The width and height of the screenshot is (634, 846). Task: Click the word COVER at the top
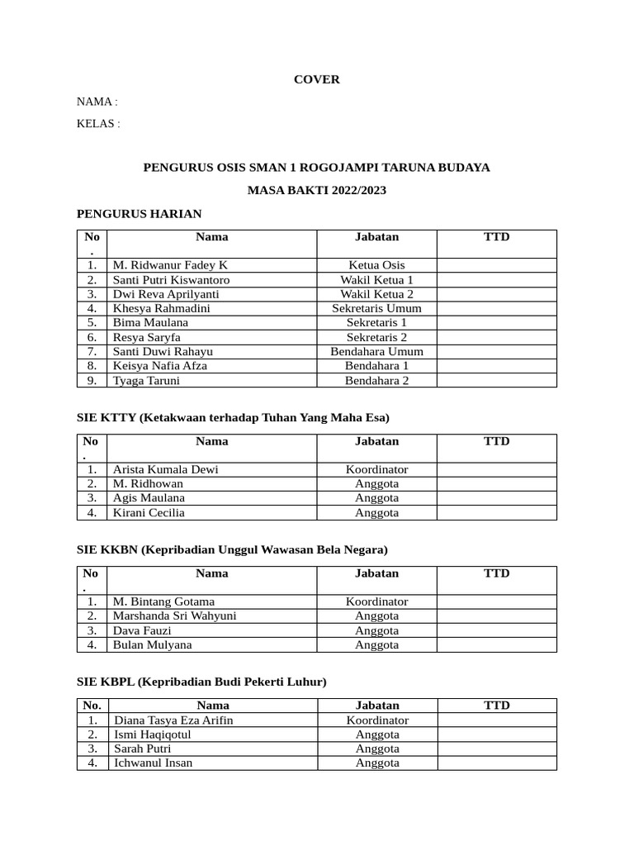pos(317,80)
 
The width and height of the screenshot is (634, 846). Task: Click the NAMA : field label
pos(97,102)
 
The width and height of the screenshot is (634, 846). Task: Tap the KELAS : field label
pos(98,124)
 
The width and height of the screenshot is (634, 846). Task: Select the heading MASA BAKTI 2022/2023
pos(317,191)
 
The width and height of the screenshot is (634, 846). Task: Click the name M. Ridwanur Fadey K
pos(170,265)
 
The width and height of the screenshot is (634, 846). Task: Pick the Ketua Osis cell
pos(376,265)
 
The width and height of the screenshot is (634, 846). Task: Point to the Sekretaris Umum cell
pos(376,308)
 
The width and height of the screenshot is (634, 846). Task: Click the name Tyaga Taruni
pos(146,381)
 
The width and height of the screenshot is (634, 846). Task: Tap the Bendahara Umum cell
pos(376,351)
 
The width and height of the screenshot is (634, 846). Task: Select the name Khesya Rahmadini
pos(162,308)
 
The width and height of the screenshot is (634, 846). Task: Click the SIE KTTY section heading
pos(232,417)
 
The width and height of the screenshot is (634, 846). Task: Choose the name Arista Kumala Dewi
pos(166,469)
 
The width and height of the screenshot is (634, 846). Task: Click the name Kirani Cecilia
pos(149,512)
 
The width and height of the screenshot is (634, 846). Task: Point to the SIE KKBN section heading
pos(231,549)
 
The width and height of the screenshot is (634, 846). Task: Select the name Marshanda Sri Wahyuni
pos(175,615)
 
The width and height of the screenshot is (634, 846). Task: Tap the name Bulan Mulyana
pos(152,644)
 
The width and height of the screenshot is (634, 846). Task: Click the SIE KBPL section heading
pos(201,682)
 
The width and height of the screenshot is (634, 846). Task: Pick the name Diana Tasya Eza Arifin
pos(173,720)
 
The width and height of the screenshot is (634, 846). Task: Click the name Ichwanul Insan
pos(153,763)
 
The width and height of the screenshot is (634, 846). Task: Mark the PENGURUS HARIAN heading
pos(139,214)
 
